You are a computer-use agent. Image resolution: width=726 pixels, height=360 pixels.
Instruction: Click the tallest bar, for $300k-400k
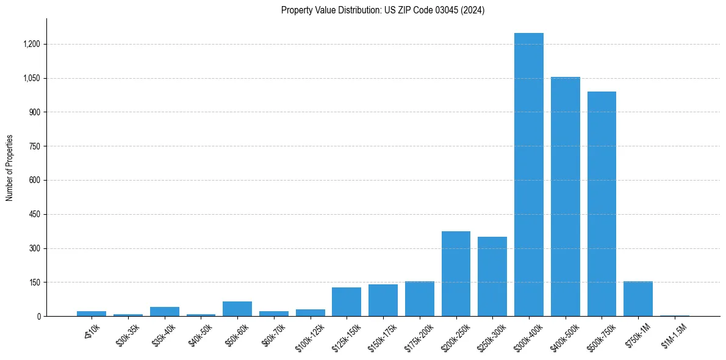point(528,175)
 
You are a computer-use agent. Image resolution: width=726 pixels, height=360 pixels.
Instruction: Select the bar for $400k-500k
point(565,196)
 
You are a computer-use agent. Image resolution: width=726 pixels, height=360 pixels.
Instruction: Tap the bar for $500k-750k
point(602,204)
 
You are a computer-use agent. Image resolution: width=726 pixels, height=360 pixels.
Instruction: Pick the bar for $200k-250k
point(456,273)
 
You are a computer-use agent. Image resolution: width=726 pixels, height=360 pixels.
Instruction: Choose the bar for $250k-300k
point(492,276)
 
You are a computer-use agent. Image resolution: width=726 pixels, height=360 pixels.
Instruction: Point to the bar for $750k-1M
point(638,299)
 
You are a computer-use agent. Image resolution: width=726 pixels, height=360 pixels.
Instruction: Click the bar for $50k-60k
point(237,309)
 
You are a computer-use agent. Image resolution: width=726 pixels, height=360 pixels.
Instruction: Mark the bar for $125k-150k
point(347,301)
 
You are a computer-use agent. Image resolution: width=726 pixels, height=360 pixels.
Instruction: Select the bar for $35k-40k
point(165,311)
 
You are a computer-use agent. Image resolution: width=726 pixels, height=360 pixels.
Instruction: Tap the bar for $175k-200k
point(420,299)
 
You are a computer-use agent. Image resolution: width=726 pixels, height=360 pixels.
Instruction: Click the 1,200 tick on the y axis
point(32,45)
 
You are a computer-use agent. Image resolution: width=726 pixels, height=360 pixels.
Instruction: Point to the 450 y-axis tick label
point(35,215)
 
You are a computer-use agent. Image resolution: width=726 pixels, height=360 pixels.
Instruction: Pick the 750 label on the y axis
point(35,146)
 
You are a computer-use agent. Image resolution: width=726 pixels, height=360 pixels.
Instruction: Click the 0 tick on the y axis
point(38,317)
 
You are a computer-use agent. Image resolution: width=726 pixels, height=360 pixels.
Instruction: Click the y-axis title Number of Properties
point(10,168)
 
